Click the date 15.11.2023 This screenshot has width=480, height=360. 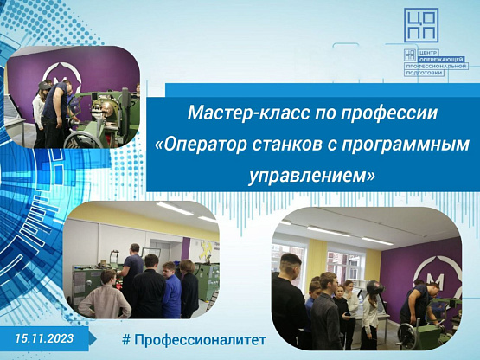click(45, 338)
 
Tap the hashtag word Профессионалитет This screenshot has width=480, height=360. click(200, 340)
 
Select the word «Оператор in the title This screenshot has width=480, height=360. click(201, 145)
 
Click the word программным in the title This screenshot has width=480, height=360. click(406, 145)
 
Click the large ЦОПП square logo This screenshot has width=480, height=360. click(421, 25)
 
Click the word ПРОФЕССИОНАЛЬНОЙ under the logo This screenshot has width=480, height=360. click(436, 66)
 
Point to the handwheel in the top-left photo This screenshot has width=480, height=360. click(83, 141)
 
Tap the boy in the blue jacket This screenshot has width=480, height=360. click(171, 290)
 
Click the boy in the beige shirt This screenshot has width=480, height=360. click(105, 295)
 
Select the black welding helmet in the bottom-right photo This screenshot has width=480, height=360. click(375, 287)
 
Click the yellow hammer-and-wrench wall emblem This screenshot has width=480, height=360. click(207, 248)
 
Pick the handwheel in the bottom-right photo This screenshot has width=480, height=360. click(407, 336)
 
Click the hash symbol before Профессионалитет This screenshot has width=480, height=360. click(126, 339)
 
